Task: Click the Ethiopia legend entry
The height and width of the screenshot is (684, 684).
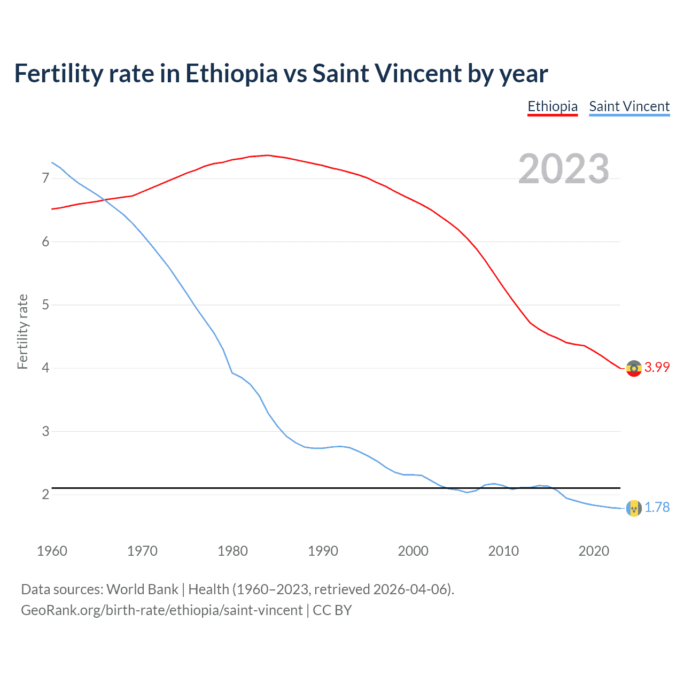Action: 553,106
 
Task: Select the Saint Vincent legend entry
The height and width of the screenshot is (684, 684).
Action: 629,106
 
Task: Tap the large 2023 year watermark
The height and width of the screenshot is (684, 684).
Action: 563,169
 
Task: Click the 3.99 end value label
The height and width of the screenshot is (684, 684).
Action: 657,367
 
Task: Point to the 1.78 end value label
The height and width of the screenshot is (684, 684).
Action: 657,507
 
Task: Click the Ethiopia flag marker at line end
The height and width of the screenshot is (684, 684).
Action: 634,368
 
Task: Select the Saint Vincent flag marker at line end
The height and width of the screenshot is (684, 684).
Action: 634,508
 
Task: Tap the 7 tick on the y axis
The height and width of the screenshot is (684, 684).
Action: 45,178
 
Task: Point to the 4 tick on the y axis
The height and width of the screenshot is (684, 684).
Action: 45,368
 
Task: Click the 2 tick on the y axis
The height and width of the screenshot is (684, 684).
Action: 45,494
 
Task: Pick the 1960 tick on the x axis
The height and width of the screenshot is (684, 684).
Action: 52,551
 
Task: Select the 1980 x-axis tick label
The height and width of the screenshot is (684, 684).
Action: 232,551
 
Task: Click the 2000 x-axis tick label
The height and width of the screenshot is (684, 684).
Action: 413,551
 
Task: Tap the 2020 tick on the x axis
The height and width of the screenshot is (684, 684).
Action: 594,551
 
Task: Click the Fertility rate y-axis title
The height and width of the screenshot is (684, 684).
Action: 22,331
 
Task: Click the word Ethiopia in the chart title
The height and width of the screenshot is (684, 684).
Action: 231,74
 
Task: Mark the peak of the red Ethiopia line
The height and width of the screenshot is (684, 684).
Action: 268,155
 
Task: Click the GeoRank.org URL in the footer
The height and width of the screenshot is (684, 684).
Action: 162,610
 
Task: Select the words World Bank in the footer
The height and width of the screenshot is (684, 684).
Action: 142,589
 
